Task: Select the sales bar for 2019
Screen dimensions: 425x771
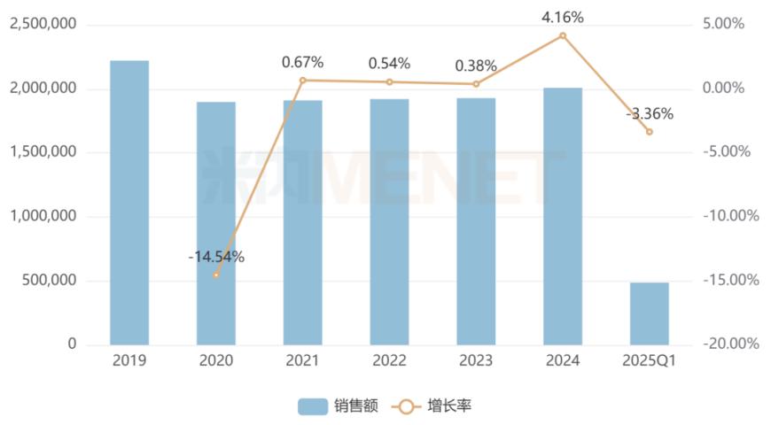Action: (x=129, y=203)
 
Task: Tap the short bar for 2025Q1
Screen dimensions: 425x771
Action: (x=650, y=313)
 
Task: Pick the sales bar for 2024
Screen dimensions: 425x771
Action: (x=563, y=216)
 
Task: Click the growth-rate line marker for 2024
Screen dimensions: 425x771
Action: (x=563, y=35)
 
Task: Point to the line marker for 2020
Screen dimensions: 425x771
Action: (x=216, y=274)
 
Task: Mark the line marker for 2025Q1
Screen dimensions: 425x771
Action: (x=650, y=132)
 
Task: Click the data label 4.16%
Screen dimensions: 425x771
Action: (x=563, y=17)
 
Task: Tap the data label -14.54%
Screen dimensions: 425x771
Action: (x=216, y=257)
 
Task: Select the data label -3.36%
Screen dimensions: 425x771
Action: (x=650, y=113)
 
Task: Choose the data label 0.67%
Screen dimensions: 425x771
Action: (x=303, y=62)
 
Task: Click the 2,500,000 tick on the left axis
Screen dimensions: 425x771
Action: (x=43, y=25)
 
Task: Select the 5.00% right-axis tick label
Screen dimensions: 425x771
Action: (x=726, y=25)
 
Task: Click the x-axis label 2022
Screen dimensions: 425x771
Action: (x=390, y=361)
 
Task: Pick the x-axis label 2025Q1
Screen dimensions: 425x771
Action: (x=650, y=361)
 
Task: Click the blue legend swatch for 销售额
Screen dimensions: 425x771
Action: (x=313, y=406)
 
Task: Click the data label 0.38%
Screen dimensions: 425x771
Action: (x=476, y=66)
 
